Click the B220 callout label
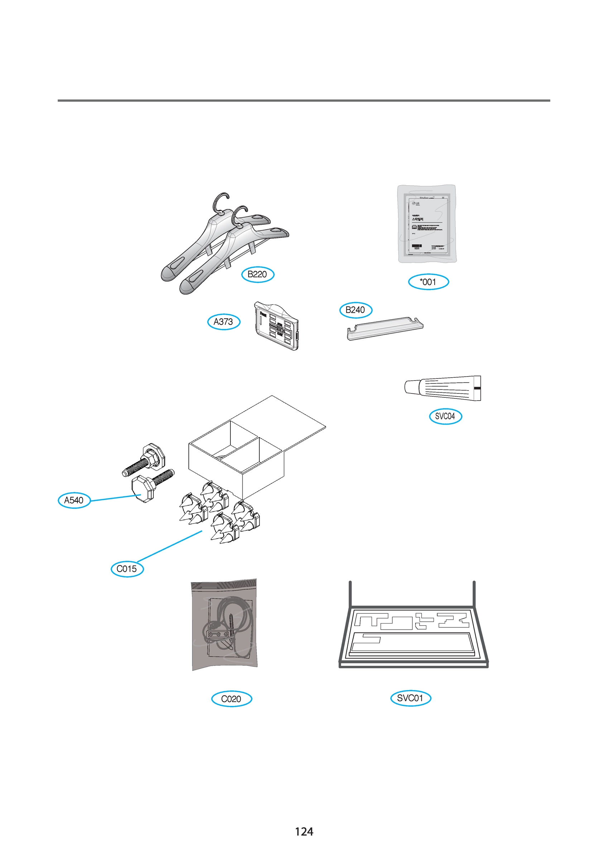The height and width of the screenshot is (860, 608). click(257, 274)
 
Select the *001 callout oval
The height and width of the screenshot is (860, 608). click(428, 282)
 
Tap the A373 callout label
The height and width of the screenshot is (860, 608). click(224, 322)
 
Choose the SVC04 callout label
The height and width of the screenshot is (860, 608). click(445, 416)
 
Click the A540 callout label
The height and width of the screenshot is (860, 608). click(74, 501)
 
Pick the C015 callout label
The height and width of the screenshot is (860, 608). click(127, 569)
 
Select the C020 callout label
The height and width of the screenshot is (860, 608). click(231, 699)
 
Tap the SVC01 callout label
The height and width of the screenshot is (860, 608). click(410, 698)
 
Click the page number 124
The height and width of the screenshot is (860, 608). click(304, 832)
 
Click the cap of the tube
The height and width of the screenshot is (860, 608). click(411, 387)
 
